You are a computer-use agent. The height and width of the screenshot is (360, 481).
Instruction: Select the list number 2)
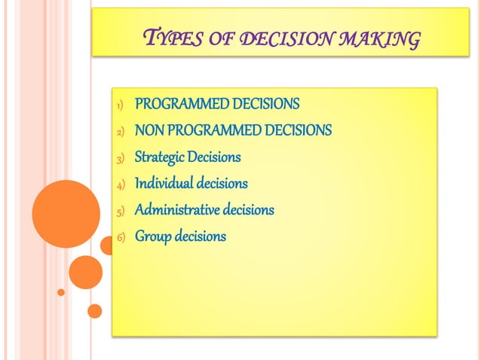[x=119, y=132]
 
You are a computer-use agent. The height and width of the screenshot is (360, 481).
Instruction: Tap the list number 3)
[x=119, y=159]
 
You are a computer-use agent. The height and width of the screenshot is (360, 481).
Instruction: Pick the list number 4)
[x=119, y=185]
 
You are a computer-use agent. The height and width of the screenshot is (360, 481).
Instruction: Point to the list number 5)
[x=119, y=211]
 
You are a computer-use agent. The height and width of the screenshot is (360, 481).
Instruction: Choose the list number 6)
[x=119, y=237]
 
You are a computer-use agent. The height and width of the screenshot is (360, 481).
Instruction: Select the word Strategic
[x=159, y=157]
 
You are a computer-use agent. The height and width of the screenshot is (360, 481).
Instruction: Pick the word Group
[x=152, y=236]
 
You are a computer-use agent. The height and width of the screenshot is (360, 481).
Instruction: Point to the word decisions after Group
[x=200, y=236]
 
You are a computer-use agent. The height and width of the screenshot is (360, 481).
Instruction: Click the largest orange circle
[x=66, y=213]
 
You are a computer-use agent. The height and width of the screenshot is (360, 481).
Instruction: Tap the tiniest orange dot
[x=61, y=292]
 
